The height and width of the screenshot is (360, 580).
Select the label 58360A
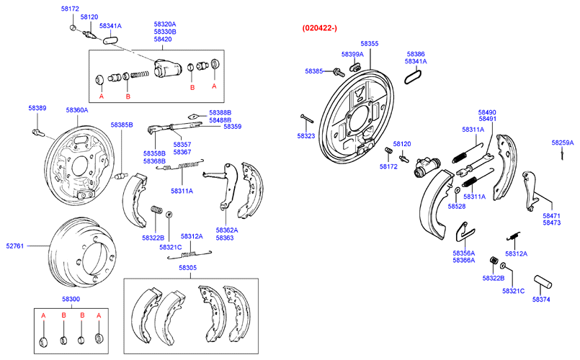click(x=77, y=110)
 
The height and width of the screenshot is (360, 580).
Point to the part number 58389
click(x=37, y=108)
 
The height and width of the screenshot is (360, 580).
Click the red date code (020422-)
click(x=320, y=28)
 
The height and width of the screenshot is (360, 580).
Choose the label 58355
click(x=370, y=44)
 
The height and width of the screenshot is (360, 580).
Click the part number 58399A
click(x=352, y=54)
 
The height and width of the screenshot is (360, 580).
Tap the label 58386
click(x=416, y=54)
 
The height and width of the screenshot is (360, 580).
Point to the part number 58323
click(x=306, y=135)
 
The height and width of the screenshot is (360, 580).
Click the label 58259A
click(x=563, y=143)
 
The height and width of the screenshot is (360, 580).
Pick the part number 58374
click(x=542, y=299)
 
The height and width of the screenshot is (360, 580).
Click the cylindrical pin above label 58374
click(x=542, y=279)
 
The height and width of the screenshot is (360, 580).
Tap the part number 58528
click(x=457, y=207)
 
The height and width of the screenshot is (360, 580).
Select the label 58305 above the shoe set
click(x=188, y=268)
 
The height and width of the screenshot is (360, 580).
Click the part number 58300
click(x=71, y=299)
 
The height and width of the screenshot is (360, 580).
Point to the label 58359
click(x=232, y=127)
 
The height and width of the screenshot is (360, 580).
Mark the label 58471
click(x=552, y=215)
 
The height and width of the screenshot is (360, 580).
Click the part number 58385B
click(x=122, y=125)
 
